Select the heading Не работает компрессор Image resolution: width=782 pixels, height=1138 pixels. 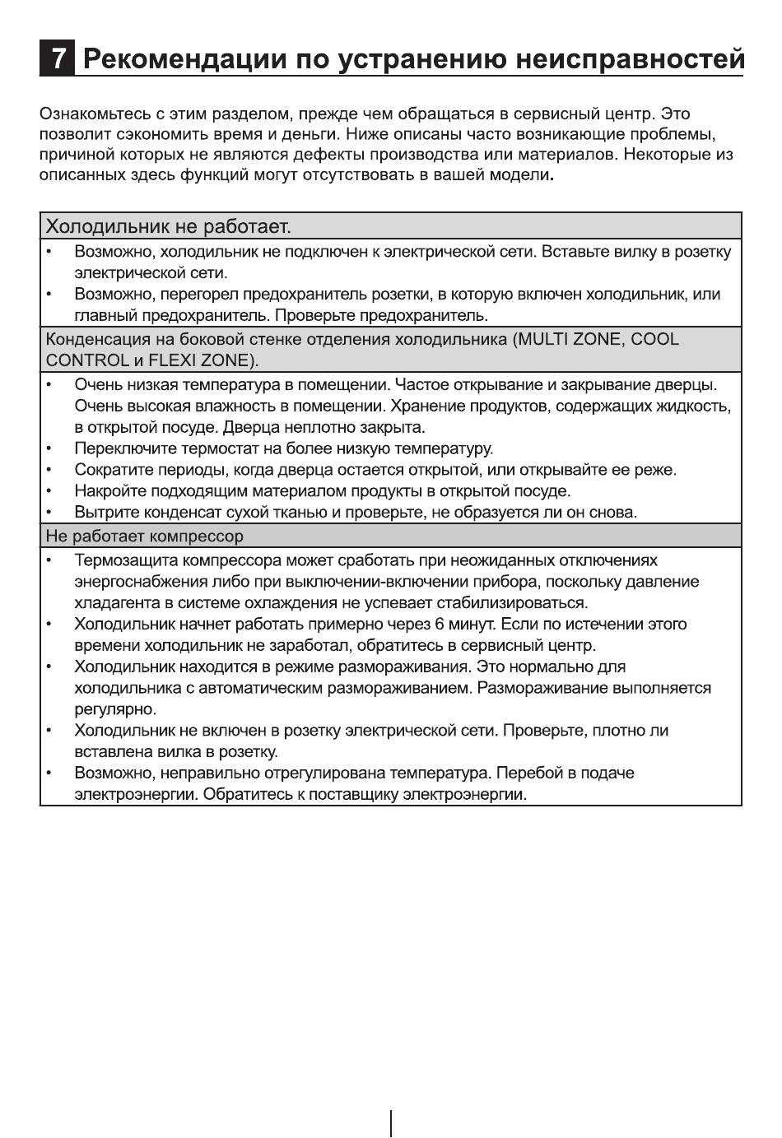point(144,536)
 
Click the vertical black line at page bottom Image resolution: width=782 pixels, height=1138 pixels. point(391,1123)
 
